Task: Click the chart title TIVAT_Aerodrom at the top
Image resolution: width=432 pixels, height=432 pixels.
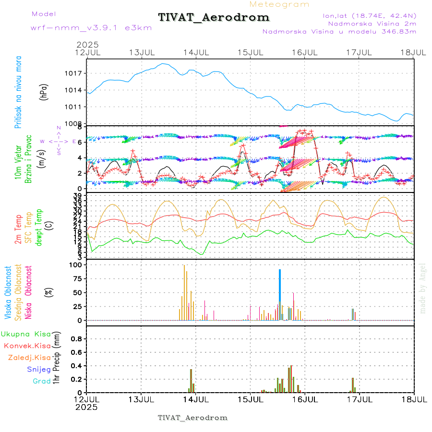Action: point(214,17)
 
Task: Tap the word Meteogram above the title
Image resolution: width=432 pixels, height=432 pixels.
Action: point(279,4)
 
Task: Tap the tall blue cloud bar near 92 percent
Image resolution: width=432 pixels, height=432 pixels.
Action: point(280,294)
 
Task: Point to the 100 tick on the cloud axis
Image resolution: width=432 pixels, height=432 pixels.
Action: point(76,264)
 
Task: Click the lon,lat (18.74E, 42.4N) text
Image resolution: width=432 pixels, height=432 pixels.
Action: point(370,16)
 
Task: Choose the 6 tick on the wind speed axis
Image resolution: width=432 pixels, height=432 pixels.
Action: point(80,142)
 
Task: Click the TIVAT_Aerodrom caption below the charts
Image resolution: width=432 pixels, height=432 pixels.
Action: point(192,418)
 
